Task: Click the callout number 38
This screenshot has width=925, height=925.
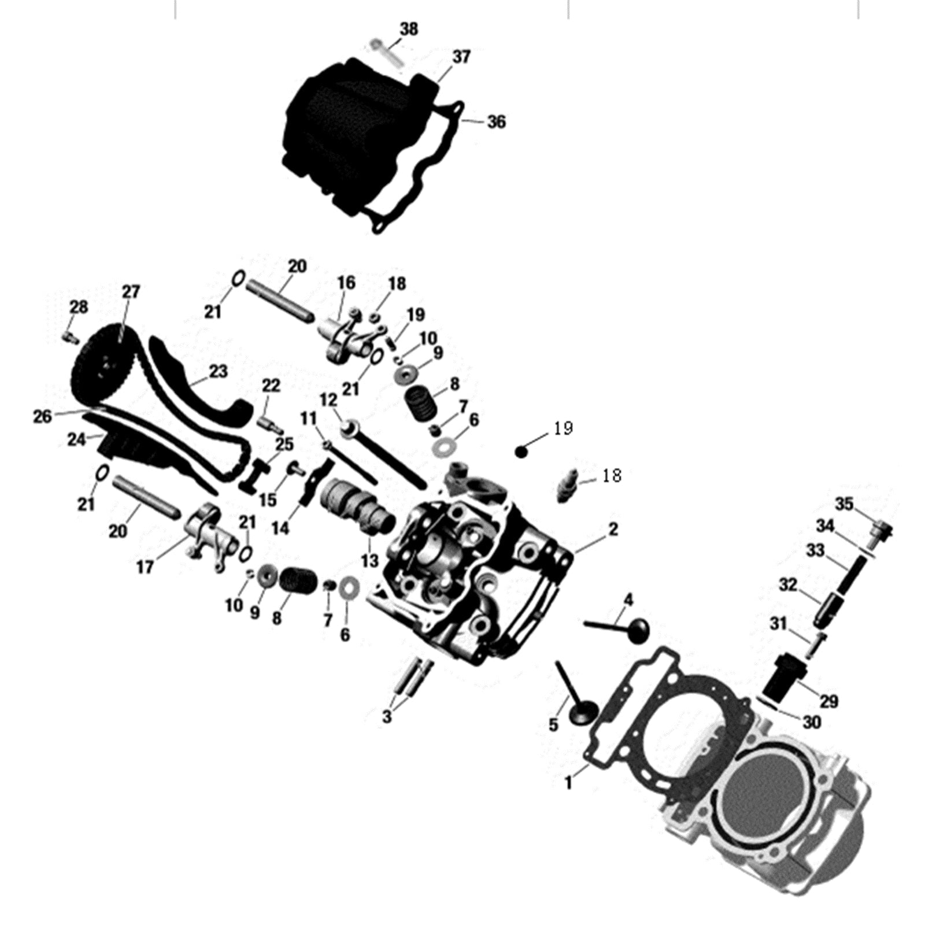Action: [x=409, y=29]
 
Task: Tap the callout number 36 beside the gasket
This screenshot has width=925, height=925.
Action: [x=496, y=122]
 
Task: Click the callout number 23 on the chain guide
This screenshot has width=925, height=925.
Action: [x=218, y=371]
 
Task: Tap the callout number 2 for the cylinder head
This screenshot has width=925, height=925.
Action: [x=613, y=528]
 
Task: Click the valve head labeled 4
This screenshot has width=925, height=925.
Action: [x=636, y=630]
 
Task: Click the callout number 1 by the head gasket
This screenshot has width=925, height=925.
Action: [x=569, y=783]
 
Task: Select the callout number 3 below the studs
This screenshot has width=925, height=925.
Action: [x=387, y=717]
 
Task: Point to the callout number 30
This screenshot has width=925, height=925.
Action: [x=812, y=722]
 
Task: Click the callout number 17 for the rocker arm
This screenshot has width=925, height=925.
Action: [x=145, y=567]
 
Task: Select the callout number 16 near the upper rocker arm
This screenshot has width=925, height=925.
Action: [x=346, y=283]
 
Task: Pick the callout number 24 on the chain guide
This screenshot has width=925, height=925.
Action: [x=76, y=440]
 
